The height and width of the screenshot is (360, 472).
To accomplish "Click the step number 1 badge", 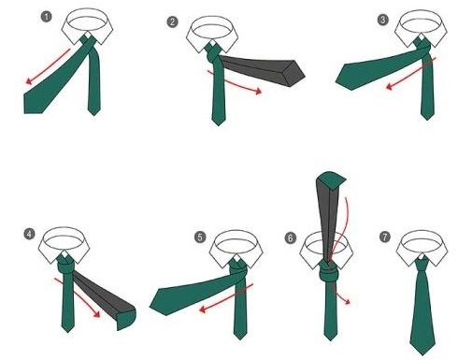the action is (x=47, y=16).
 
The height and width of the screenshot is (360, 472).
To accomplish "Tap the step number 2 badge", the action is (x=173, y=22).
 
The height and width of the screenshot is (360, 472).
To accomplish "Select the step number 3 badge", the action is (x=382, y=20).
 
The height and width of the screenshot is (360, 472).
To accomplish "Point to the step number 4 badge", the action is (x=29, y=234).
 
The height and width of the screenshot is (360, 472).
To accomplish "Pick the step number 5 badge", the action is (x=200, y=237).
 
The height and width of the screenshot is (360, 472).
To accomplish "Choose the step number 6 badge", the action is (x=290, y=238).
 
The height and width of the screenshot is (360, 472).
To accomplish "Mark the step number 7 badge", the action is (x=385, y=237).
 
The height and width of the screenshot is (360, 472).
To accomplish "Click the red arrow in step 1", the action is (x=48, y=66).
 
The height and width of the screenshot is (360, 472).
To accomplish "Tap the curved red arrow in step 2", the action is (x=234, y=83).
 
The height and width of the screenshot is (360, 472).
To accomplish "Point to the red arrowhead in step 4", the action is (x=96, y=314).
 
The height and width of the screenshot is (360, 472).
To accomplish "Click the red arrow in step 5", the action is (x=226, y=298).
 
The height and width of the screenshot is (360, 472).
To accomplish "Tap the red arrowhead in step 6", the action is (x=347, y=302).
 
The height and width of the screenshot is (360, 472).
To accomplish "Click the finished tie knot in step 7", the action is (x=422, y=266).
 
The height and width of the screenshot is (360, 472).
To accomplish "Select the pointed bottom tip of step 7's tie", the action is (x=422, y=354).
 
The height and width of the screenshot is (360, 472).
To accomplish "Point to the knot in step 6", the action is (x=328, y=272).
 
